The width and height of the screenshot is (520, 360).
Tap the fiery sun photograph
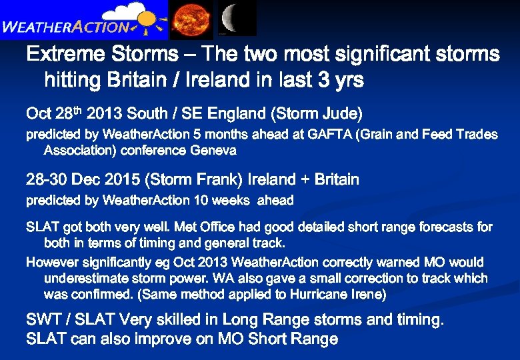tap(191, 18)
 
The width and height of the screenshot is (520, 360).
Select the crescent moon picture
tap(235, 18)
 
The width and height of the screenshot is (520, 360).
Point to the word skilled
tap(191, 320)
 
